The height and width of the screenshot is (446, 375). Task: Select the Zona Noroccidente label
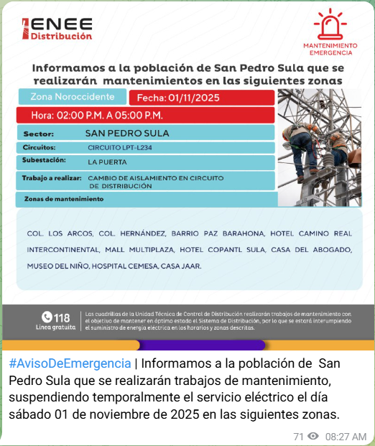point(73,97)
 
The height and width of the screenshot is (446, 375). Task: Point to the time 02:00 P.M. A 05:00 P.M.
point(97,115)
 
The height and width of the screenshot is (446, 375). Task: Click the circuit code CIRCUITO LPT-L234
point(120,148)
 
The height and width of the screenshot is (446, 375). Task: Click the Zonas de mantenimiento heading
point(64,199)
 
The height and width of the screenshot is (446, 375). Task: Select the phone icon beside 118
point(47,317)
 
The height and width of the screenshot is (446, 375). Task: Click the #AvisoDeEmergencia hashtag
point(70,363)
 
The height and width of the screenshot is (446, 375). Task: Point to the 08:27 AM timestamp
point(346,436)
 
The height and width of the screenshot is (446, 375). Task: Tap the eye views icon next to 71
point(313,436)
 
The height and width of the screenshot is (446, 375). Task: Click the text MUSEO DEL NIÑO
point(58,266)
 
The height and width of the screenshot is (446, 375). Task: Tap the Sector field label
point(39,134)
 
